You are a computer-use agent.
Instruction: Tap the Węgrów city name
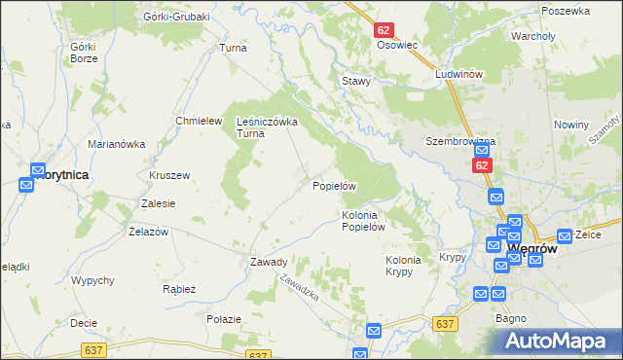coord(532,249)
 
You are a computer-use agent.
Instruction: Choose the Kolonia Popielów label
coord(365,221)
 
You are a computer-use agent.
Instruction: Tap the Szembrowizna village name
coord(460,141)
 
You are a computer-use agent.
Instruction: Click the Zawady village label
coord(268,262)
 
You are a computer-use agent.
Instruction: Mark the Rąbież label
coord(180,289)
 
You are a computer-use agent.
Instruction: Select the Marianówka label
coord(116,144)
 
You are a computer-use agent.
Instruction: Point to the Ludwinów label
coord(460,74)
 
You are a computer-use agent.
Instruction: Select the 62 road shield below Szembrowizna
coord(483,166)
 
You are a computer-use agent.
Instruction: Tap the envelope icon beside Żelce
coord(565,236)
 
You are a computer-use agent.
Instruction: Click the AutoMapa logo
coord(561,341)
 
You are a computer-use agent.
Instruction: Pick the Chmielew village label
coord(194,120)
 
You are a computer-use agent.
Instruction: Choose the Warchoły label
coord(532,36)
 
